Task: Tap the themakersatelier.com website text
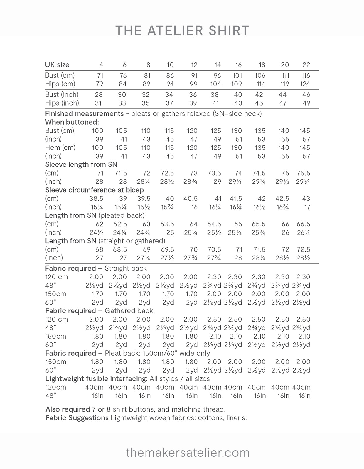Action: (x=188, y=453)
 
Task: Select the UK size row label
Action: (x=57, y=65)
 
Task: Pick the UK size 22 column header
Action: (x=306, y=65)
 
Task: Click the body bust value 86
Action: (x=170, y=75)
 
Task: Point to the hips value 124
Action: (x=305, y=84)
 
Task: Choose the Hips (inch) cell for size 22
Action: (x=306, y=103)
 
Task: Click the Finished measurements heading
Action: (x=85, y=114)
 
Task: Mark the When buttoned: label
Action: (x=72, y=122)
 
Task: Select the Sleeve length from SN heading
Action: (x=81, y=165)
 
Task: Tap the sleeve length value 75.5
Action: (x=303, y=173)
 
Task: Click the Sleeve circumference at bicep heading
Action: (x=95, y=190)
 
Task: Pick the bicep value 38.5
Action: (x=96, y=199)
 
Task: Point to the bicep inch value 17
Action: (x=307, y=207)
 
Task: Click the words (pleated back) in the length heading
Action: (x=122, y=216)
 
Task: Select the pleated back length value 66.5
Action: (x=303, y=224)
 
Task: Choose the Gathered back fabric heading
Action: (x=99, y=311)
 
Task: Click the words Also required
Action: (x=68, y=409)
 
